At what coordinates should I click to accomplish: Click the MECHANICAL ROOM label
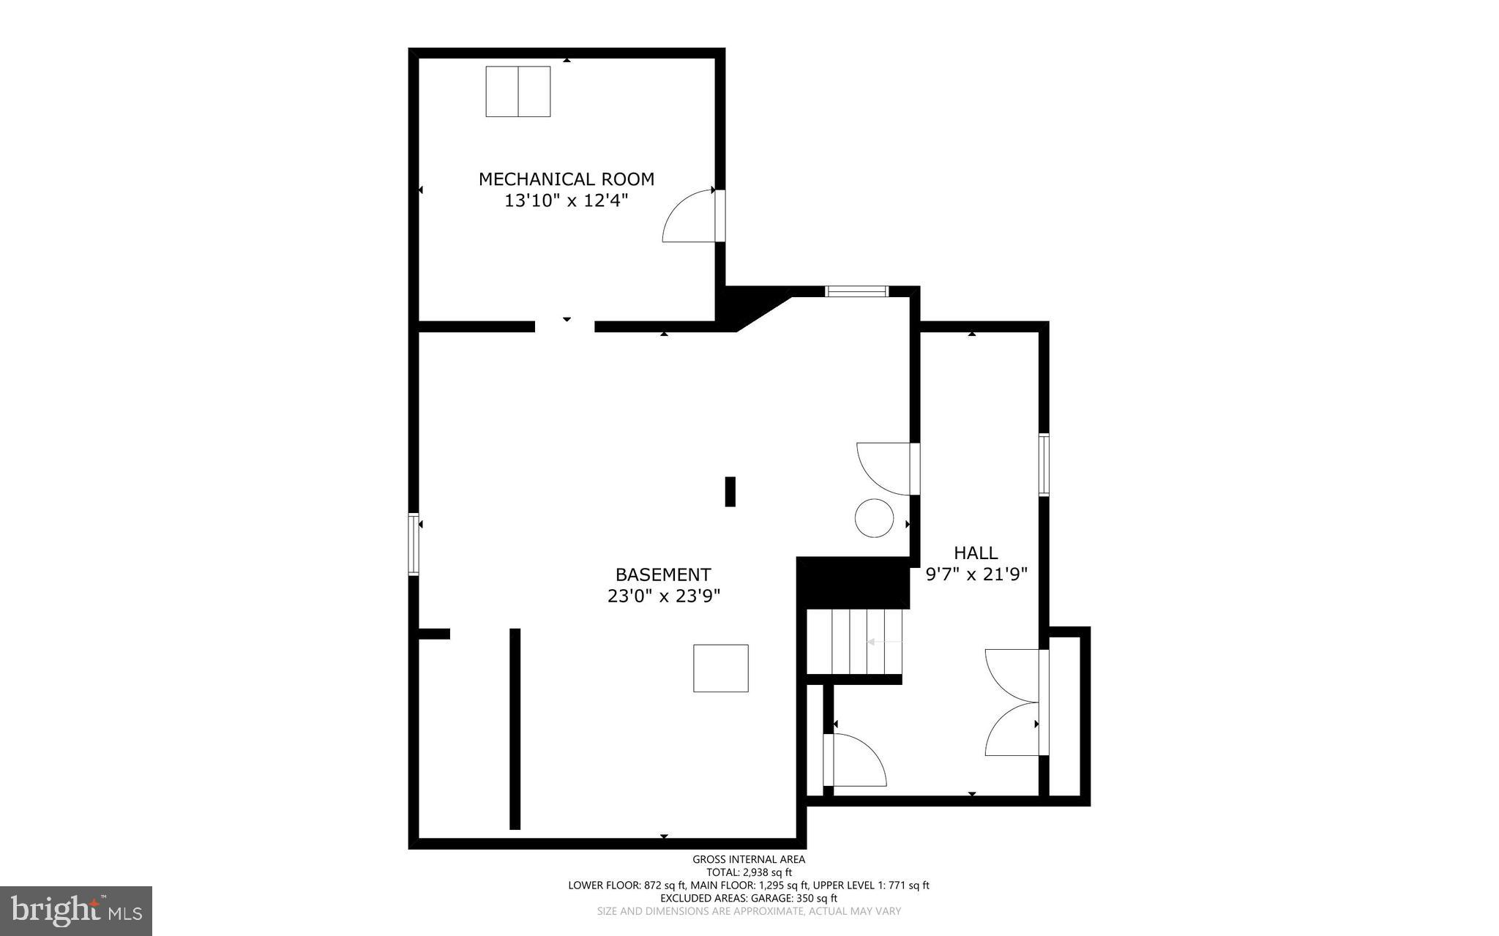point(566,179)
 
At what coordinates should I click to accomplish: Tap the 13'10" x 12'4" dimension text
point(566,201)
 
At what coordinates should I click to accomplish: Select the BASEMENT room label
point(662,574)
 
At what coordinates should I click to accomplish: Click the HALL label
point(976,553)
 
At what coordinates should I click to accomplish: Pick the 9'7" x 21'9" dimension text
point(976,574)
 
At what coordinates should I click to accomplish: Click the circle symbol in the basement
point(874,518)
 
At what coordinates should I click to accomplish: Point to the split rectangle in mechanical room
point(518,91)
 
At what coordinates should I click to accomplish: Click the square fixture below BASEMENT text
point(721,668)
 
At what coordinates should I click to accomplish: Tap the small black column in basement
point(730,491)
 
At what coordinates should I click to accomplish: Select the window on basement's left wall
point(414,544)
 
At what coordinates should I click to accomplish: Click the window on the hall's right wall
point(1044,465)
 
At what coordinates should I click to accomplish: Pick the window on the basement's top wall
point(856,291)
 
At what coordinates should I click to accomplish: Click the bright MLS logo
point(76,910)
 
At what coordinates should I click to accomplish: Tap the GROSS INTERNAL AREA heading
point(749,859)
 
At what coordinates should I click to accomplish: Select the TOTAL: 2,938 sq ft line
point(749,872)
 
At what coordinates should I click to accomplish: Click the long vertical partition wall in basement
point(515,728)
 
